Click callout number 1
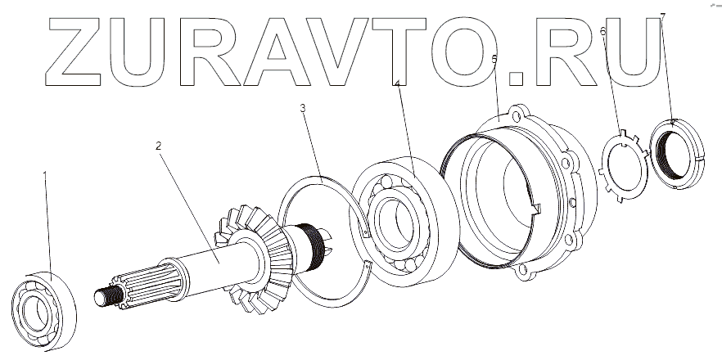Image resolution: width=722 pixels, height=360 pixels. click(x=45, y=174)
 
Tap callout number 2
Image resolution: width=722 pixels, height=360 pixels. click(x=158, y=146)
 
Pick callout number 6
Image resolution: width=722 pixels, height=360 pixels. click(x=603, y=32)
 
